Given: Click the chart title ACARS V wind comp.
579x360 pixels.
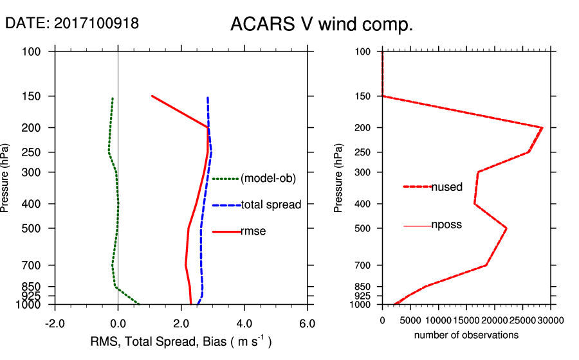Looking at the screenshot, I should click(321, 25).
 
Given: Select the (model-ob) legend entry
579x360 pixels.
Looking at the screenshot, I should click(268, 179).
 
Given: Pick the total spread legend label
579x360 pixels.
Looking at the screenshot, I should click(271, 205).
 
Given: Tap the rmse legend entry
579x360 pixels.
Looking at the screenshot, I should click(253, 231).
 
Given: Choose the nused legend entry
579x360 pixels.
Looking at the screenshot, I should click(446, 187).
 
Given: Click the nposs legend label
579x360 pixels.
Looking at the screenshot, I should click(446, 225).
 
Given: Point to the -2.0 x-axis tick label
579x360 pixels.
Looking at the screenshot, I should click(55, 323).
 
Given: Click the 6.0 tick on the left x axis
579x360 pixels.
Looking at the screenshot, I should click(307, 323).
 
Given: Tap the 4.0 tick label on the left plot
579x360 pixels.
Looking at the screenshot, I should click(244, 323).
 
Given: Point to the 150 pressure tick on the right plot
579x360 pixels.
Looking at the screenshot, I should click(363, 96).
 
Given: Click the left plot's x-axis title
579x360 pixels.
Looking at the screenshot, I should click(181, 342).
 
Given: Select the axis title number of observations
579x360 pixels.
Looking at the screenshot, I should click(466, 335).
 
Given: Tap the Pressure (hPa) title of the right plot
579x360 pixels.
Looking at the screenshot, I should click(339, 178).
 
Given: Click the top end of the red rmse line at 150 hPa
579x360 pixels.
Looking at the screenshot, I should click(152, 96).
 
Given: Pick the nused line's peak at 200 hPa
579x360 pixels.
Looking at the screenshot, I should click(542, 128).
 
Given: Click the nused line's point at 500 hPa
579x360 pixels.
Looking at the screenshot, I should click(506, 228).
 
